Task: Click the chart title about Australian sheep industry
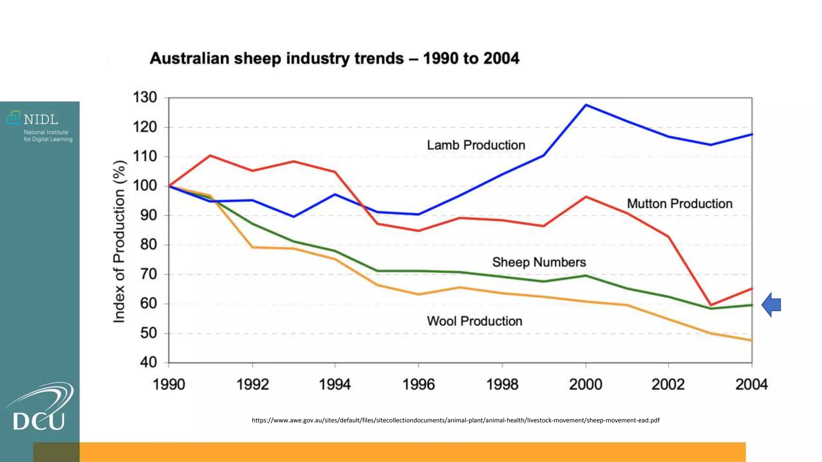[334, 59]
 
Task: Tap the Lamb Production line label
[476, 145]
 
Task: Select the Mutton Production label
[679, 204]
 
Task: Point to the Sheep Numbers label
[539, 262]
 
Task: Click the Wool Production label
[474, 321]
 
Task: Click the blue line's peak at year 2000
[586, 105]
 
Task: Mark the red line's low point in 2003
[710, 305]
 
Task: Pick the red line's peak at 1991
[210, 156]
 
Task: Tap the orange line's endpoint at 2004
[751, 340]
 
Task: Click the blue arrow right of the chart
[771, 305]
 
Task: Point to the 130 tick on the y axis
[145, 97]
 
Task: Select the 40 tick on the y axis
[148, 363]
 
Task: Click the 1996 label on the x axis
[418, 385]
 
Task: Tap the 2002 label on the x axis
[668, 385]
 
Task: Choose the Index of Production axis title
[120, 241]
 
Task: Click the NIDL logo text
[41, 120]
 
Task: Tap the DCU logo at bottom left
[39, 409]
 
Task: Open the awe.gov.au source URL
[456, 420]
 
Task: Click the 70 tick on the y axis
[148, 274]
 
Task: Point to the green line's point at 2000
[586, 276]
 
